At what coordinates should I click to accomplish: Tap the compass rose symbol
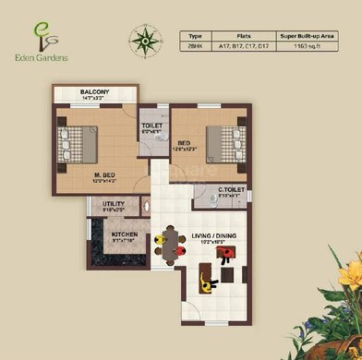pos(145,41)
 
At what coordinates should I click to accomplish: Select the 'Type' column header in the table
pos(195,34)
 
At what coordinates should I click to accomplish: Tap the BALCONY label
pos(94,92)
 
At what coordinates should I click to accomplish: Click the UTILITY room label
pos(114,204)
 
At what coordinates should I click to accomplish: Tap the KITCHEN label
pos(125,234)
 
